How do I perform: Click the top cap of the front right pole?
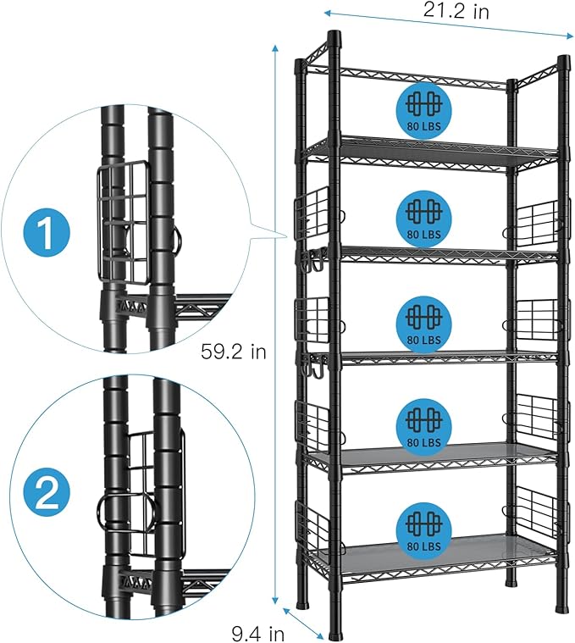tap(561, 62)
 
